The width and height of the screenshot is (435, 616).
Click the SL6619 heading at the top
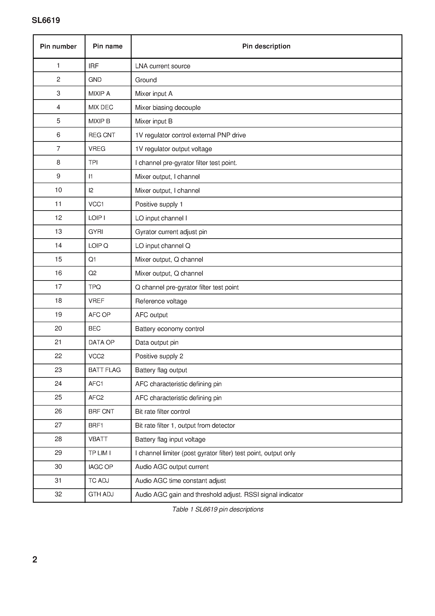click(x=46, y=20)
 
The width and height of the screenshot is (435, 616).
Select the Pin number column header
click(x=58, y=46)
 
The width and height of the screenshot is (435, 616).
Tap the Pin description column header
click(x=266, y=46)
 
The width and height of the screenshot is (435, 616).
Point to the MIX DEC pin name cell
click(x=101, y=107)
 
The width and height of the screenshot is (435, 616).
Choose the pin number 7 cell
click(x=58, y=149)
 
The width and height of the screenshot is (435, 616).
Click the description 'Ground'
click(x=146, y=80)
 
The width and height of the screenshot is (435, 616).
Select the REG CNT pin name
click(x=102, y=135)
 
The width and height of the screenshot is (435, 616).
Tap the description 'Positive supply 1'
click(x=159, y=204)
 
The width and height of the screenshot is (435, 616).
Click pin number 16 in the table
click(x=58, y=273)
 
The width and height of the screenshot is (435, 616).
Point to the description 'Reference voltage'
click(x=161, y=301)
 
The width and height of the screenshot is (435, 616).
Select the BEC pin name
click(x=94, y=329)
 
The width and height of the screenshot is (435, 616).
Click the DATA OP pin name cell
click(x=101, y=342)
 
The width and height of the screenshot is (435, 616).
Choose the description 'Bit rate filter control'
click(x=162, y=412)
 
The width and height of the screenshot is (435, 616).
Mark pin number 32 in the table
click(x=58, y=494)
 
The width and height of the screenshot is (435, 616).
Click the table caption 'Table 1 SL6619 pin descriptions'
click(x=217, y=509)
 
